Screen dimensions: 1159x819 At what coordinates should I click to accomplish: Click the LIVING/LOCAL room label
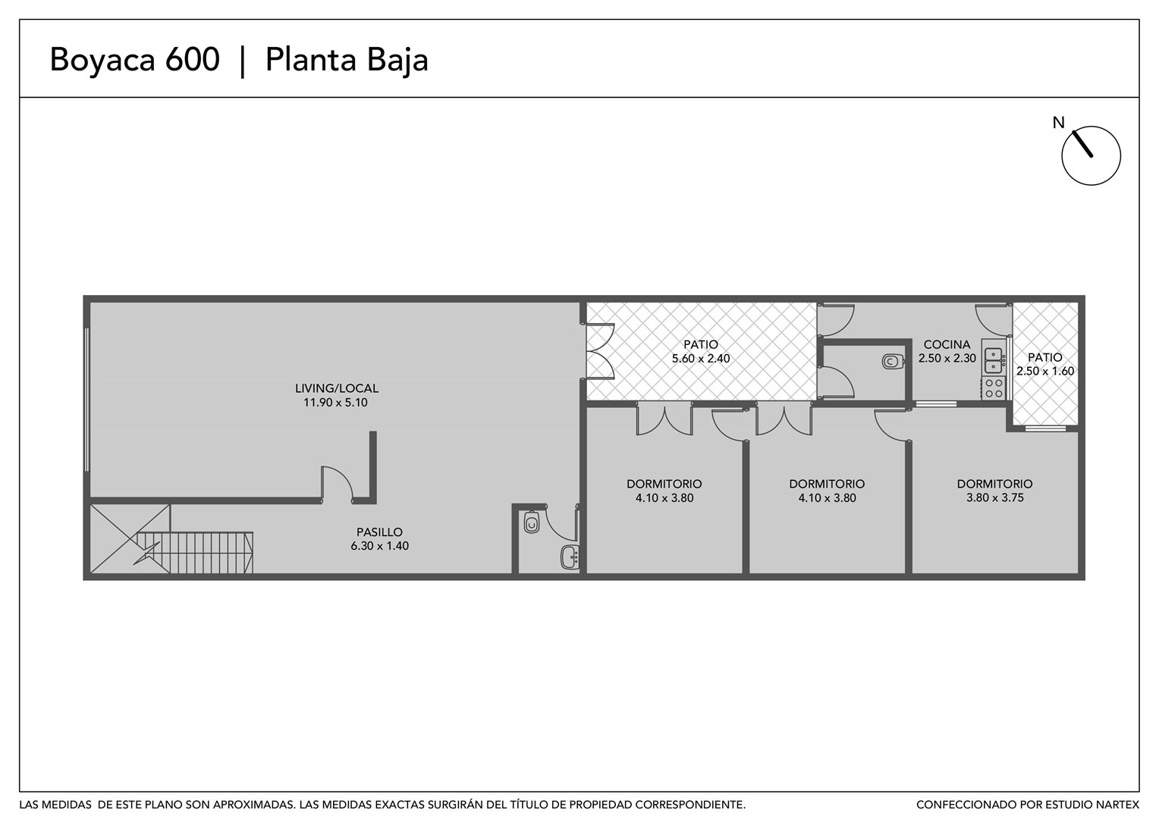pos(336,388)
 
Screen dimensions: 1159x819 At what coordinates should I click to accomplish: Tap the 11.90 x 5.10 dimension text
pos(335,403)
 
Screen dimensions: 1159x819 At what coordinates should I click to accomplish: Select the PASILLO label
pos(379,532)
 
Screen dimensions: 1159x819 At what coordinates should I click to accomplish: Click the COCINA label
pos(947,344)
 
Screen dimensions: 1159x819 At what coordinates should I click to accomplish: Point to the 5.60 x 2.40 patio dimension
pos(701,359)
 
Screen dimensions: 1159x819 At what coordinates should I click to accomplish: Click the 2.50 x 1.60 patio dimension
pos(1045,371)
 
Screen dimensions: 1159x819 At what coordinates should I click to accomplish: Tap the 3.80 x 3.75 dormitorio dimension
pos(995,497)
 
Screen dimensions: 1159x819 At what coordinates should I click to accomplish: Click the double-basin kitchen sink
pos(994,360)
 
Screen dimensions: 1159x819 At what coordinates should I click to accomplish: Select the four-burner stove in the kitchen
pos(994,388)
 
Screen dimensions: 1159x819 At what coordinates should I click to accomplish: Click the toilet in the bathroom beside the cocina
pos(892,361)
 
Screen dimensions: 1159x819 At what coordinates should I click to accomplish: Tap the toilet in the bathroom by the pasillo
pos(532,522)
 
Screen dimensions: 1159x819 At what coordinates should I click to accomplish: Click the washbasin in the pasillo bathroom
pos(570,557)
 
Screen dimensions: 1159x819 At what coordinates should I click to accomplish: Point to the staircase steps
pos(195,553)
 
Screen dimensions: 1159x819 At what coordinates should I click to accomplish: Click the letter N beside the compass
pos(1059,123)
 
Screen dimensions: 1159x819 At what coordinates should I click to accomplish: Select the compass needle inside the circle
pos(1083,144)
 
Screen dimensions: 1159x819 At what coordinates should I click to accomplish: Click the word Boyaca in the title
pos(102,61)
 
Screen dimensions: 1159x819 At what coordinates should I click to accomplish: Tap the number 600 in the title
pos(193,59)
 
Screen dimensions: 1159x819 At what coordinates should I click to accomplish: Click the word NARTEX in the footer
pos(1119,805)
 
